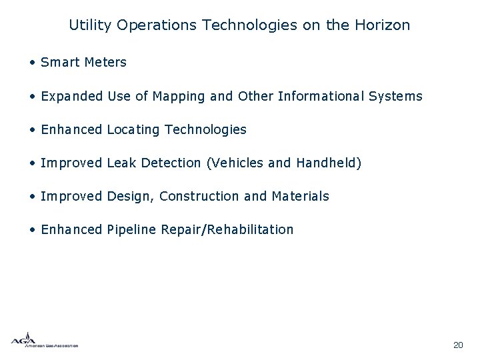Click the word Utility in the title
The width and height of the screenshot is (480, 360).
pos(90,26)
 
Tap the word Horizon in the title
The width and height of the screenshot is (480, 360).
pos(385,26)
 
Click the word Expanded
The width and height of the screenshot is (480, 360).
pos(71,97)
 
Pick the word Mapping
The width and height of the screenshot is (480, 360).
pos(179,97)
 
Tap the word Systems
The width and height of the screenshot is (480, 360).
pos(395,97)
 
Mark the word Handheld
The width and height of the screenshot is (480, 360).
pos(328,163)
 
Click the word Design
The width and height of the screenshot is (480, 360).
pos(130,197)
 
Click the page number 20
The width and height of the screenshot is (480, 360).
pos(457,345)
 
